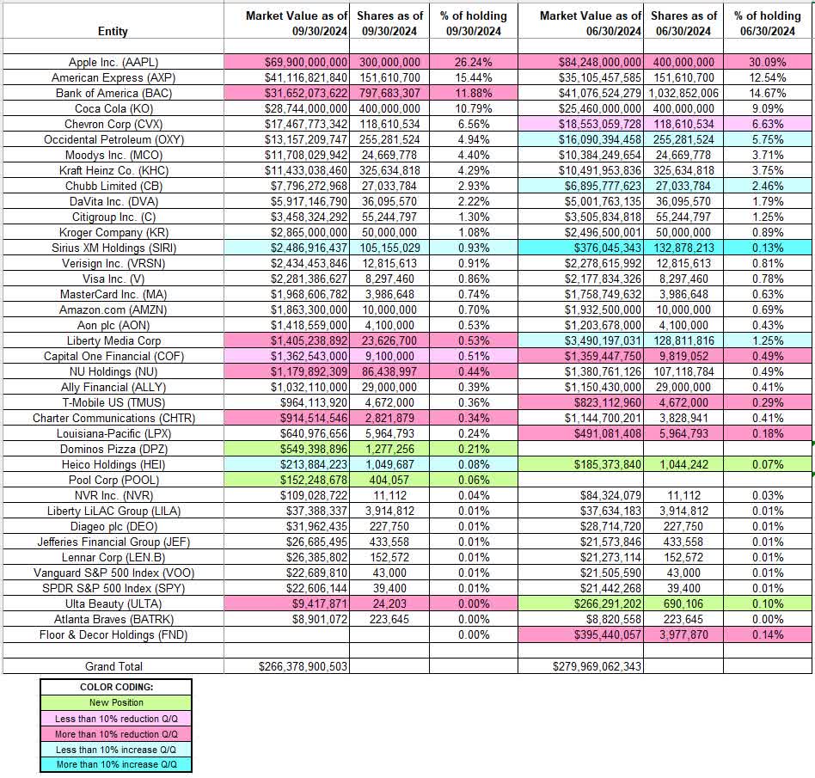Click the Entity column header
pyautogui.click(x=113, y=31)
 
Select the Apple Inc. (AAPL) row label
pyautogui.click(x=113, y=63)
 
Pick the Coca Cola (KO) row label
pyautogui.click(x=113, y=108)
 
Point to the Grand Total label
pyautogui.click(x=113, y=666)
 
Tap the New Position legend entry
pyautogui.click(x=115, y=703)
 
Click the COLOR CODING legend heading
pyautogui.click(x=115, y=687)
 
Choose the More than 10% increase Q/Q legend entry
pyautogui.click(x=115, y=764)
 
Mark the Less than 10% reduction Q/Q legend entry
pyautogui.click(x=115, y=719)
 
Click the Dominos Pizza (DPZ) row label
pyautogui.click(x=113, y=449)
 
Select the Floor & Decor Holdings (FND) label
pyautogui.click(x=113, y=634)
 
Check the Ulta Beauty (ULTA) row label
pyautogui.click(x=113, y=603)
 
